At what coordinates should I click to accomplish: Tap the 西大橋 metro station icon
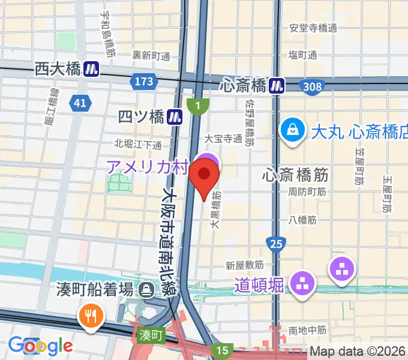tap(91, 70)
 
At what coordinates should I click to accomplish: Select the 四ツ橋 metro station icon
tap(175, 116)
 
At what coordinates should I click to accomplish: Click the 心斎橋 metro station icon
tap(277, 86)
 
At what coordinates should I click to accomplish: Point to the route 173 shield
tap(144, 81)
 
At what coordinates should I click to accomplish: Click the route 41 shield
tap(80, 104)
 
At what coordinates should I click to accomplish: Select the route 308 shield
tap(312, 88)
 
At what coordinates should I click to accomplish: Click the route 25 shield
tap(276, 243)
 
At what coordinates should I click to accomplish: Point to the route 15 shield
tap(223, 350)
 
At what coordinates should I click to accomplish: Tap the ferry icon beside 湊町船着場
tap(146, 291)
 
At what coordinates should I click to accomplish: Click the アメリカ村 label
tap(148, 166)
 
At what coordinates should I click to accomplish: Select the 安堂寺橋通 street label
tap(313, 28)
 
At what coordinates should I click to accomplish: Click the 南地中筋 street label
tap(307, 329)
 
